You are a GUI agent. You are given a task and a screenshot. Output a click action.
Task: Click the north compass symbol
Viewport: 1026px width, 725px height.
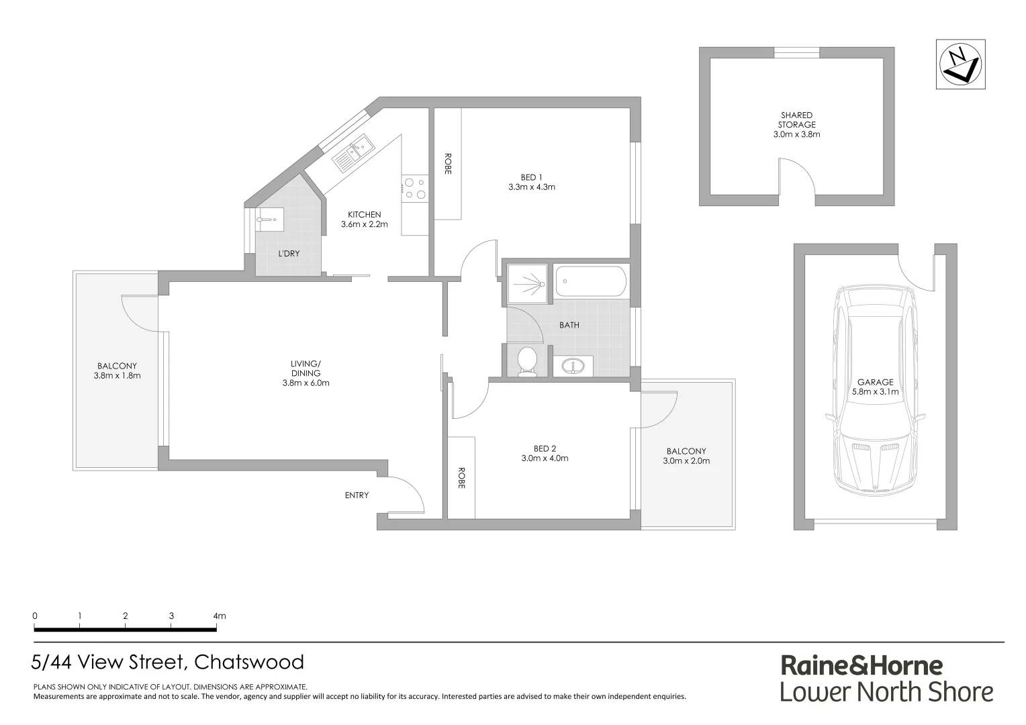click(x=960, y=64)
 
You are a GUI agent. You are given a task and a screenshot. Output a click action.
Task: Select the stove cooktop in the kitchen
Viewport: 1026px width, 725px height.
click(x=414, y=189)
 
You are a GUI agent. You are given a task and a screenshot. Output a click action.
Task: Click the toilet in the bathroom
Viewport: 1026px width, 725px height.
click(x=526, y=360)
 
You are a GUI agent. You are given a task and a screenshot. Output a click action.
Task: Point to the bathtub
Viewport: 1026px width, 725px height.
click(x=591, y=281)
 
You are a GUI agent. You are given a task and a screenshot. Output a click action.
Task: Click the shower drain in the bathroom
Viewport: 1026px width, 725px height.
click(x=541, y=285)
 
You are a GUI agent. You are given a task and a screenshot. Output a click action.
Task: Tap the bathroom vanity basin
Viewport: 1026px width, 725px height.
click(x=573, y=366)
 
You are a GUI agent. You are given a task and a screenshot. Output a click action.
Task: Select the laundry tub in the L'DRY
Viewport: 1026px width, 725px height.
click(x=270, y=219)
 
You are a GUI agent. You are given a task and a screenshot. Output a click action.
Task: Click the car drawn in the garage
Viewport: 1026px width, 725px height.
click(x=875, y=389)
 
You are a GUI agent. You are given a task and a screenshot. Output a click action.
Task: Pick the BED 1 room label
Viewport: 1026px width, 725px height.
click(x=531, y=177)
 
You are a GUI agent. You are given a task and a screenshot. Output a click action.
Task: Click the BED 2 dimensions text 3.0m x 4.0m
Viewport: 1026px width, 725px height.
click(x=545, y=458)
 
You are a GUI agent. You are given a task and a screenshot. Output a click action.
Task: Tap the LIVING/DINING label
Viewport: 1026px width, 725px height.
click(x=306, y=369)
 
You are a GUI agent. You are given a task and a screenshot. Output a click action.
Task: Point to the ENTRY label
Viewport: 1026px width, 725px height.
click(x=357, y=495)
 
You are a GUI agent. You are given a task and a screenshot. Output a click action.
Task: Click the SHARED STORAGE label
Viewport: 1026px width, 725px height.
click(x=796, y=119)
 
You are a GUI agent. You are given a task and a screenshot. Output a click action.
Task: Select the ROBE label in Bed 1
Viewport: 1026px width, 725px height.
click(x=447, y=164)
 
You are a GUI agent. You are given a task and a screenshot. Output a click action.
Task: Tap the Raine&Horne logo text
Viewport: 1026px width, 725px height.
click(x=861, y=665)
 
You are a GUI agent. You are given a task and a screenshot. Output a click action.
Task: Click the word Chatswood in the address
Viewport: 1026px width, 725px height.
click(x=248, y=663)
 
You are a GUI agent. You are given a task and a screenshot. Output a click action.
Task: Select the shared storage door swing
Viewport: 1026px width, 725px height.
click(x=797, y=179)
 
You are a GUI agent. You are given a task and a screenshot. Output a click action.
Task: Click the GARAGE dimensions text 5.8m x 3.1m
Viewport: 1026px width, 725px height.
click(x=875, y=392)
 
